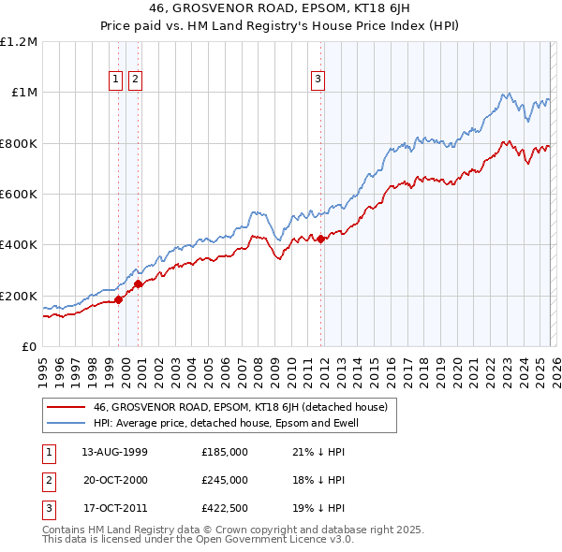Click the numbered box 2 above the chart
136,80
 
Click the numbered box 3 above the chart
318,80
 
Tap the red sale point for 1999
119,300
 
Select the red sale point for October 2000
138,284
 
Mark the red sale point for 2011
320,239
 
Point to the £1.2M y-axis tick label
19,42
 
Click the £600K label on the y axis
19,195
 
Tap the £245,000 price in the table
225,480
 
